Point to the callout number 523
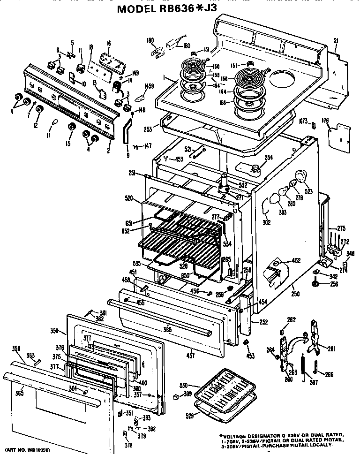click(x=309, y=191)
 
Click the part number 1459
click(x=150, y=86)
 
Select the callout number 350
click(x=54, y=331)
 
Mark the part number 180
click(x=150, y=40)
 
